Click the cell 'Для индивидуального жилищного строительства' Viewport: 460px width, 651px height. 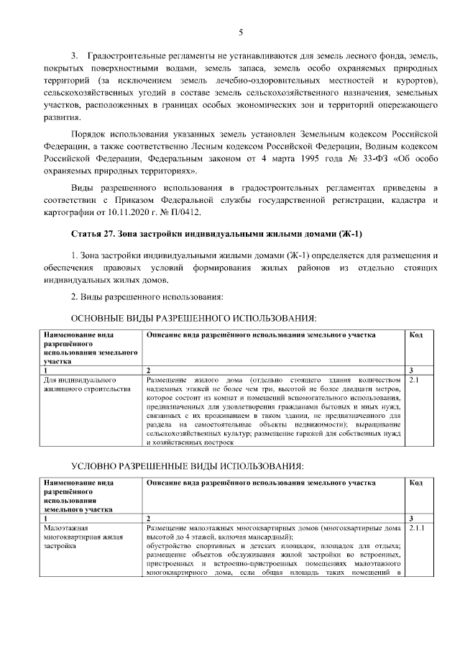(x=86, y=383)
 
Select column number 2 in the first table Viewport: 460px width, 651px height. (x=148, y=370)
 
